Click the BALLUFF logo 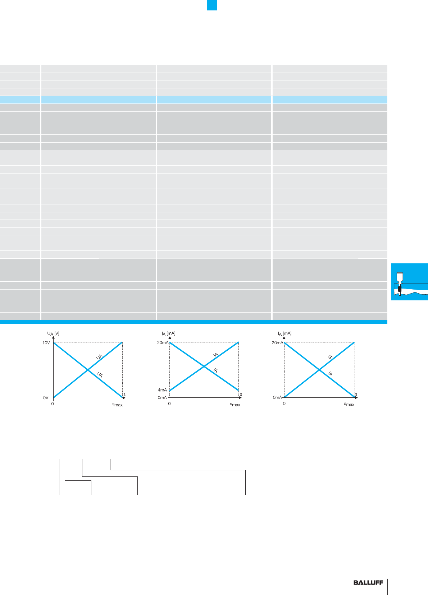(x=368, y=582)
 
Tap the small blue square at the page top (x=212, y=5)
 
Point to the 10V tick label (x=46, y=343)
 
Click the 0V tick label (x=46, y=398)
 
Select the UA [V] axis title (x=53, y=333)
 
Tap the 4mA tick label (x=162, y=390)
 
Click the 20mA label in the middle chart (x=163, y=343)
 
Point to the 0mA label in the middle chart (x=162, y=397)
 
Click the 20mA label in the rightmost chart (x=277, y=343)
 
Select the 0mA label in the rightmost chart (x=277, y=397)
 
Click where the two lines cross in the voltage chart (x=88, y=370)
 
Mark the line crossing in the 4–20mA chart (x=204, y=366)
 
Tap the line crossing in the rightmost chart (x=319, y=370)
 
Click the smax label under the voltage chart (x=118, y=405)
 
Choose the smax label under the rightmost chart (x=349, y=404)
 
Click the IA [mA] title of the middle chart (x=169, y=333)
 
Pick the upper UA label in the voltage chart (x=99, y=357)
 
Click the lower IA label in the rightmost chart (x=330, y=374)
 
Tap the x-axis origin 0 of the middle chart (x=169, y=403)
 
